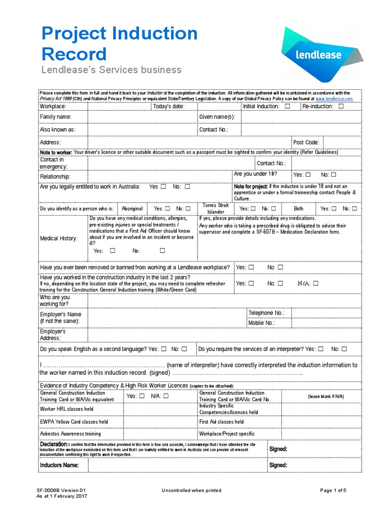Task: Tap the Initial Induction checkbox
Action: click(287, 106)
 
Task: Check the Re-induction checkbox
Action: click(341, 106)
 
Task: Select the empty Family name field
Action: click(142, 117)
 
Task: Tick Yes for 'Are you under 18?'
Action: click(308, 175)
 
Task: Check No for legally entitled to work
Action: click(188, 187)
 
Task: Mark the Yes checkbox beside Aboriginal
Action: click(168, 209)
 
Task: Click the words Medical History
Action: click(59, 239)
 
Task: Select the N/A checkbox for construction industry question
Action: click(315, 283)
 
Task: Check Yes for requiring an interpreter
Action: click(321, 349)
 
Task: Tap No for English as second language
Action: click(185, 349)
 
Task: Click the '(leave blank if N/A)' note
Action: click(326, 396)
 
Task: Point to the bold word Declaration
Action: click(53, 444)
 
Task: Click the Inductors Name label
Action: click(59, 465)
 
